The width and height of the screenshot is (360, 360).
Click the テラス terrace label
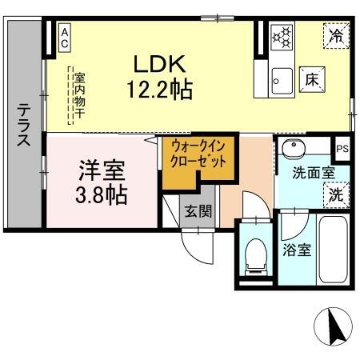click(25, 126)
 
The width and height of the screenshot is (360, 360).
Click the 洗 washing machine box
click(337, 194)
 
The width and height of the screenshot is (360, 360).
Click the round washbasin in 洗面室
click(291, 147)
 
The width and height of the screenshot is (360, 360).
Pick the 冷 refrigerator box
click(337, 35)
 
